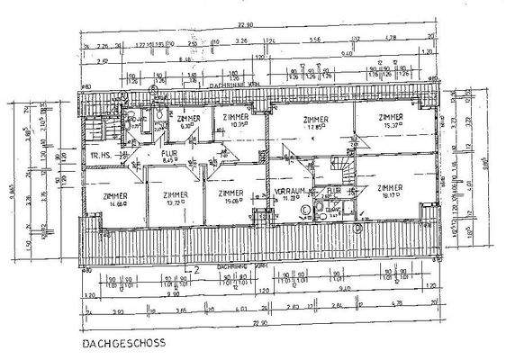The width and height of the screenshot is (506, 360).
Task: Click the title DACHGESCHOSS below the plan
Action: [122, 344]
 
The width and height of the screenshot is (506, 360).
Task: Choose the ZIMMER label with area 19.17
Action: [390, 188]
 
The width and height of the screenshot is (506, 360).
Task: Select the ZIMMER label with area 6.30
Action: [188, 119]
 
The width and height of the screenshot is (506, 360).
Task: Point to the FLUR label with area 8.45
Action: [168, 155]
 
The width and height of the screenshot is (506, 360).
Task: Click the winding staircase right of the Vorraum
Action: [342, 169]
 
